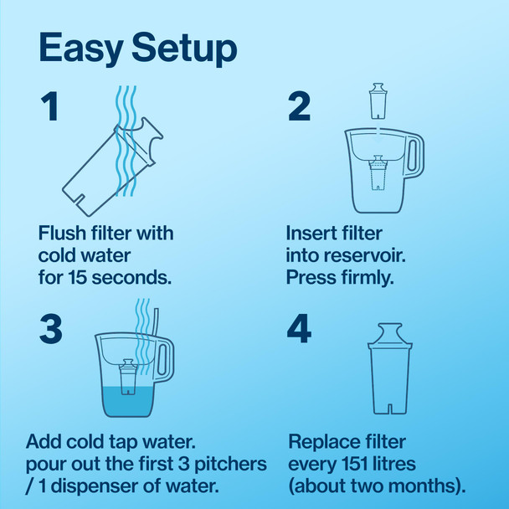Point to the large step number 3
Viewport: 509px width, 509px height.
[x=50, y=329]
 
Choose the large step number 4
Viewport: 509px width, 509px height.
[x=299, y=329]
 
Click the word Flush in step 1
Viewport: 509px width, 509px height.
[x=61, y=233]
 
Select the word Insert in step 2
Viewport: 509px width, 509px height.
[x=309, y=233]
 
